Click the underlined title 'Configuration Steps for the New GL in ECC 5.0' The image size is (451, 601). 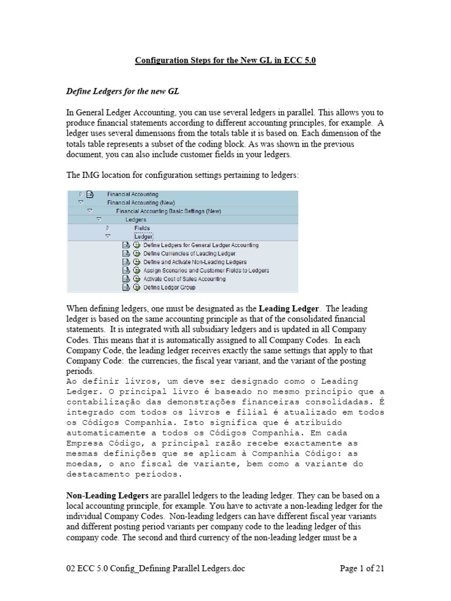(225, 60)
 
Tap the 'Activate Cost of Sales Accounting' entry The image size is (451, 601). (184, 279)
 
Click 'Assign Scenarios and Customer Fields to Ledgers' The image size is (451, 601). (206, 271)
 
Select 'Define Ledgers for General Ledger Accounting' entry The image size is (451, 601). (201, 245)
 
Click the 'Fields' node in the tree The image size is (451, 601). (142, 228)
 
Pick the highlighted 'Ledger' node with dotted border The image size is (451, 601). (144, 237)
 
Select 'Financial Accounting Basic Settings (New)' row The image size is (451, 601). (164, 211)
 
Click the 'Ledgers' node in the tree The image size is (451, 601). (136, 220)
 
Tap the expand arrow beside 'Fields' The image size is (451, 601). (108, 228)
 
